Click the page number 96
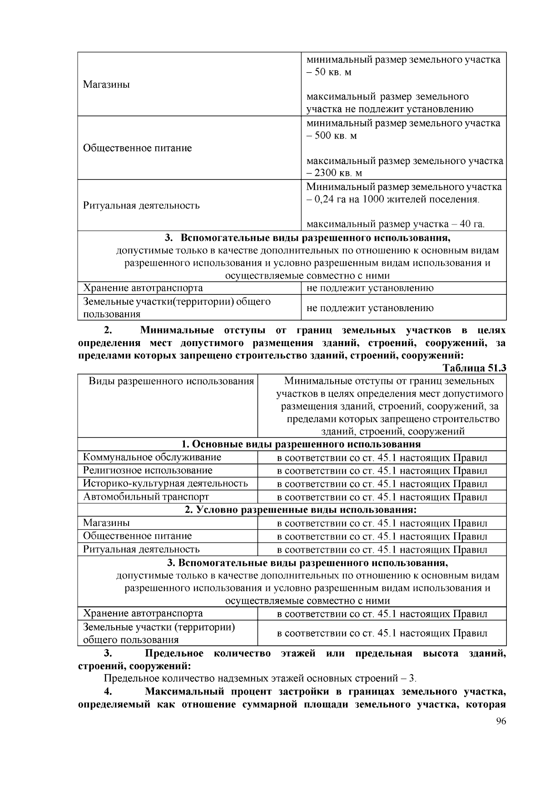point(500,722)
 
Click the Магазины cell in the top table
point(106,84)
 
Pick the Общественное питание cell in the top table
point(137,148)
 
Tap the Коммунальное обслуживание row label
point(152,457)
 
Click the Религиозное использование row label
point(147,470)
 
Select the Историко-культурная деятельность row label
point(165,483)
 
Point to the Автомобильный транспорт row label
point(146,496)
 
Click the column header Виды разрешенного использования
point(171,381)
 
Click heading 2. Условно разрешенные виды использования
point(301,510)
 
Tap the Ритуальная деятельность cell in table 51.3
point(141,549)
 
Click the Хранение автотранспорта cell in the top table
point(143,288)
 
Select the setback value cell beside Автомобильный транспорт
point(381,497)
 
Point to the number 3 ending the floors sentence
point(412,679)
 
